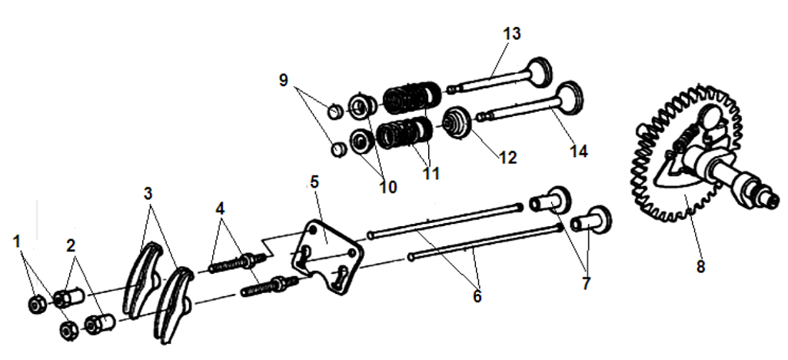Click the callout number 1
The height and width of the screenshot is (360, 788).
click(x=17, y=242)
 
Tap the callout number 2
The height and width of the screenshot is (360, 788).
click(x=71, y=247)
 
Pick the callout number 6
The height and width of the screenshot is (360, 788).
click(x=477, y=295)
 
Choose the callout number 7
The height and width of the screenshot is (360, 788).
click(x=586, y=283)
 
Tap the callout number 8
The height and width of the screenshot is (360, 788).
click(x=700, y=267)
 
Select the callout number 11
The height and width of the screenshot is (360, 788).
click(x=431, y=173)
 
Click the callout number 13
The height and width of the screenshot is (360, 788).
click(x=512, y=34)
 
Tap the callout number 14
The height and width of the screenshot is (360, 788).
click(x=579, y=151)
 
